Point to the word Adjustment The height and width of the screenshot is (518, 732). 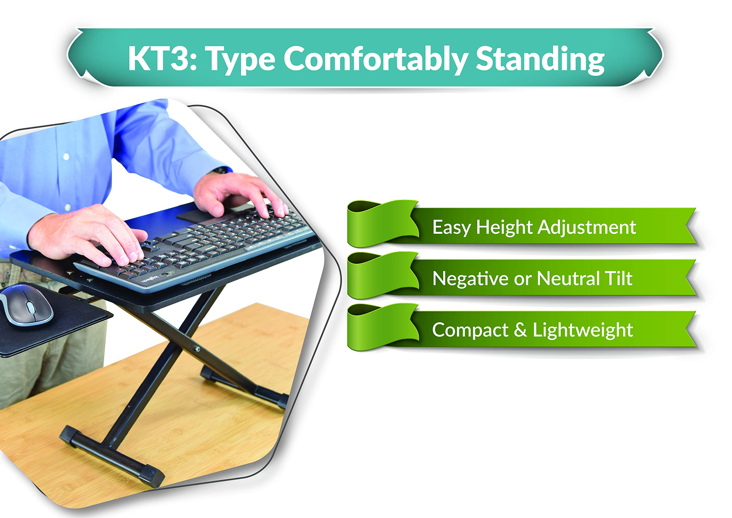pyautogui.click(x=587, y=227)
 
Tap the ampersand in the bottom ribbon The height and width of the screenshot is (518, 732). pyautogui.click(x=520, y=329)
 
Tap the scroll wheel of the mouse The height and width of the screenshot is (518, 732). pyautogui.click(x=31, y=307)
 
